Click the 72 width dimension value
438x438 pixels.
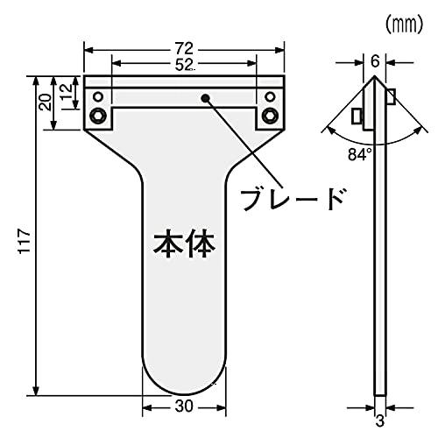pos(184,49)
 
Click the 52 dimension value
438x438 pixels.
pos(184,65)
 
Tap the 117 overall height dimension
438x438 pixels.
pos(25,241)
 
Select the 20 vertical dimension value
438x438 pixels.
pos(46,102)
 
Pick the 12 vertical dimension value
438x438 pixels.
pos(67,92)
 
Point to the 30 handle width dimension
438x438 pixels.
pos(184,406)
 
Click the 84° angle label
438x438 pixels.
pos(360,154)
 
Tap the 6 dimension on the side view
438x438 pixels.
pos(375,61)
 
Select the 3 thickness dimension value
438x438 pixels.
pos(379,420)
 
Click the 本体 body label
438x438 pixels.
pos(184,244)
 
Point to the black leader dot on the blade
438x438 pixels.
pos(206,98)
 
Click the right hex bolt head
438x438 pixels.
pos(269,116)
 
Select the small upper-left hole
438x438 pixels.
pos(98,96)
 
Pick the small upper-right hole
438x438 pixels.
pos(271,96)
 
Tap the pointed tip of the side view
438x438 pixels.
pos(374,76)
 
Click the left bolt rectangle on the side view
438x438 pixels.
pos(357,116)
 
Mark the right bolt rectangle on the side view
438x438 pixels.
pos(391,96)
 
